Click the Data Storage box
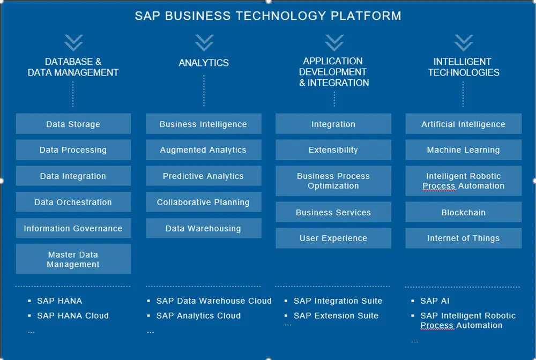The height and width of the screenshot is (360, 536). tap(73, 124)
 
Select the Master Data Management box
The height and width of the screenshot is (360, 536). tap(73, 259)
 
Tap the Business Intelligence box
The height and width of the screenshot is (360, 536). tap(203, 124)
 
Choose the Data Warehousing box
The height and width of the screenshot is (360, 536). tap(203, 228)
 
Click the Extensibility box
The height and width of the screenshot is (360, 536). tap(333, 150)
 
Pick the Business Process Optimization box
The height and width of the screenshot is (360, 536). tap(333, 181)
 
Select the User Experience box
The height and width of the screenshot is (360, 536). tap(333, 238)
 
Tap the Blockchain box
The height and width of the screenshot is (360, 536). tap(463, 212)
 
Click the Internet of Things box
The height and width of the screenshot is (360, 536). tap(463, 238)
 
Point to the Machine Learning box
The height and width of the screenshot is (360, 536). tap(463, 150)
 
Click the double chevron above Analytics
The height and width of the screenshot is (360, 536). tap(204, 42)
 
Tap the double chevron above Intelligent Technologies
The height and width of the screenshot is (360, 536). tap(464, 42)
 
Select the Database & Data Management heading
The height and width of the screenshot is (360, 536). tap(73, 67)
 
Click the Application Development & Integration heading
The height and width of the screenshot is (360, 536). tap(334, 72)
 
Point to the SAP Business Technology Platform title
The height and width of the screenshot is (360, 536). tap(268, 16)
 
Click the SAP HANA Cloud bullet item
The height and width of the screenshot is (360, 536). tap(72, 316)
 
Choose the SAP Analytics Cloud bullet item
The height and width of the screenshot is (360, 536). tap(198, 316)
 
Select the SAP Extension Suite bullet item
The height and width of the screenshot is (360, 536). tap(336, 316)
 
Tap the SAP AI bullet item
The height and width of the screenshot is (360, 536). tap(435, 301)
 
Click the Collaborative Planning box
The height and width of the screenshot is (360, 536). tap(203, 202)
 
